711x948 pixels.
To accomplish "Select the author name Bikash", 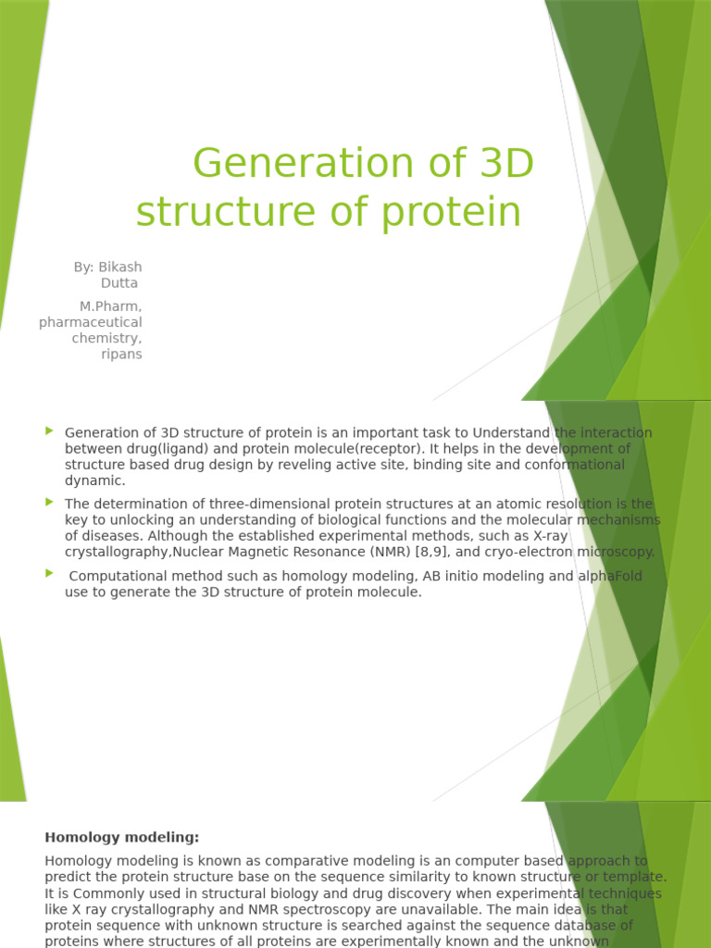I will point(120,267).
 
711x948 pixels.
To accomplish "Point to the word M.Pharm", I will point(111,306).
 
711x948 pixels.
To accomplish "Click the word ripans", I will point(121,355).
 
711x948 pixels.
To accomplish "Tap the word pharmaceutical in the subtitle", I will point(91,322).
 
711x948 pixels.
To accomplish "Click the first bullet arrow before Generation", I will point(49,431).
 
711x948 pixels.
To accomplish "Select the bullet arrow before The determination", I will point(49,502).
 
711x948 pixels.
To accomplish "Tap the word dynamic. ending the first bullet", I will point(94,480).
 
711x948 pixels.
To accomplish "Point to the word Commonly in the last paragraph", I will point(102,893).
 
